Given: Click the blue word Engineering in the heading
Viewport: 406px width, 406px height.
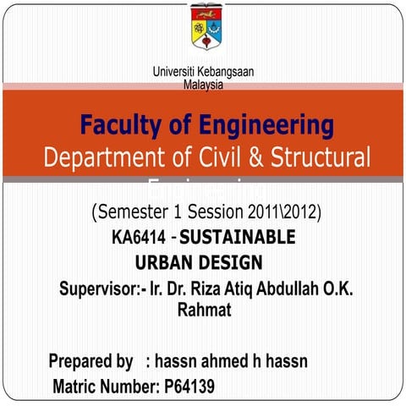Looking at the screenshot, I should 267,126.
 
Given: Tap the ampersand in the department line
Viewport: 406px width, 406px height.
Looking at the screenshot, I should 269,157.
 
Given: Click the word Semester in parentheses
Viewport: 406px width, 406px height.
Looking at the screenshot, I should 137,210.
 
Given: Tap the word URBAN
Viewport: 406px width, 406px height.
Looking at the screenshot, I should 167,262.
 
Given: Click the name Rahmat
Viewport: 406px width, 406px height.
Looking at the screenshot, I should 204,311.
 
